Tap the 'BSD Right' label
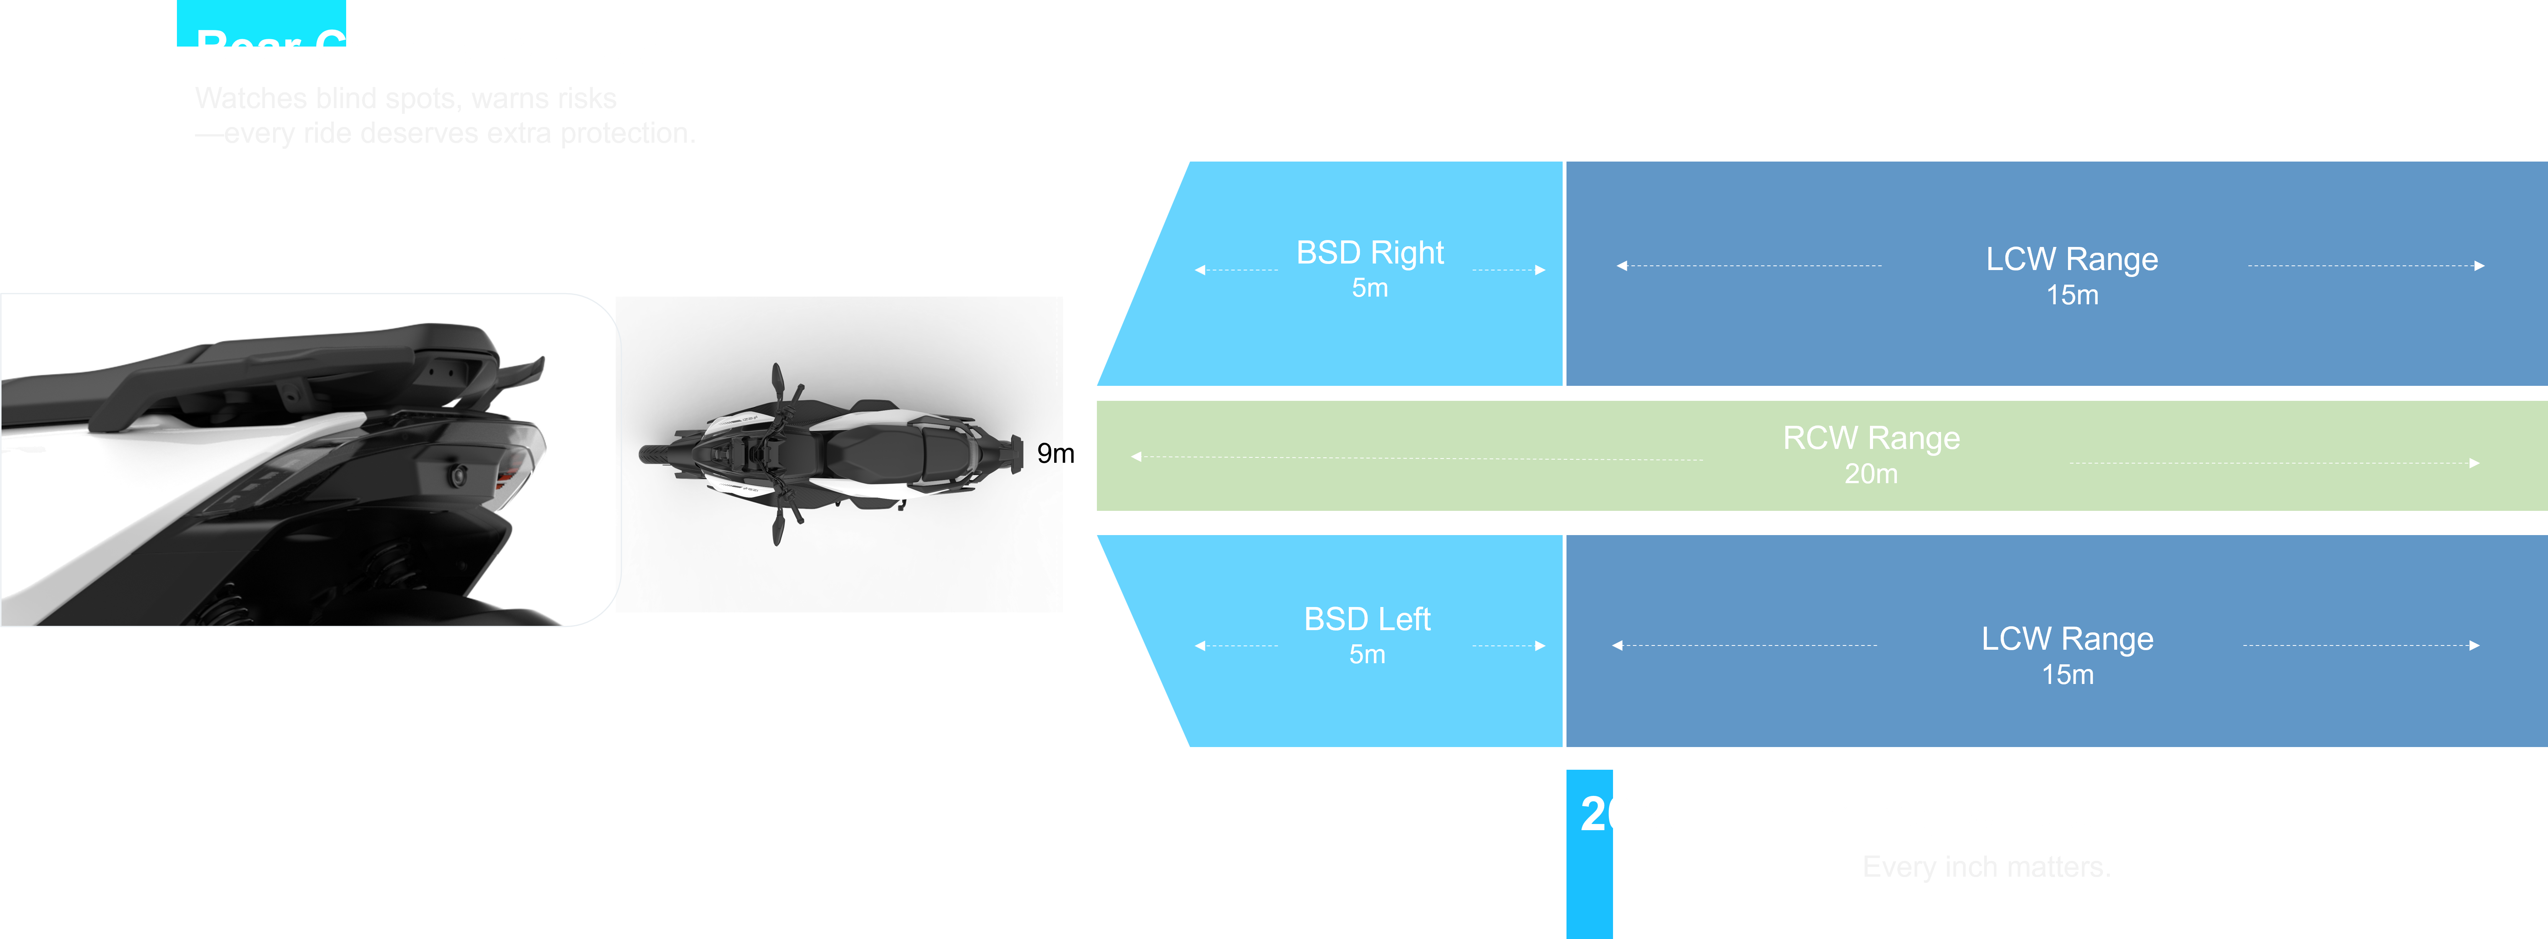(1370, 253)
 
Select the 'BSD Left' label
(1367, 619)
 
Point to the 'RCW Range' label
(1870, 438)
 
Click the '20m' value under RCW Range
(1870, 474)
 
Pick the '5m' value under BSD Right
(1370, 288)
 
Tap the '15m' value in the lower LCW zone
(2067, 675)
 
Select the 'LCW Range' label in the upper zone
(2071, 259)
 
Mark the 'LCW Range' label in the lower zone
(2067, 639)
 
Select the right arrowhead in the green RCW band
(2474, 463)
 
